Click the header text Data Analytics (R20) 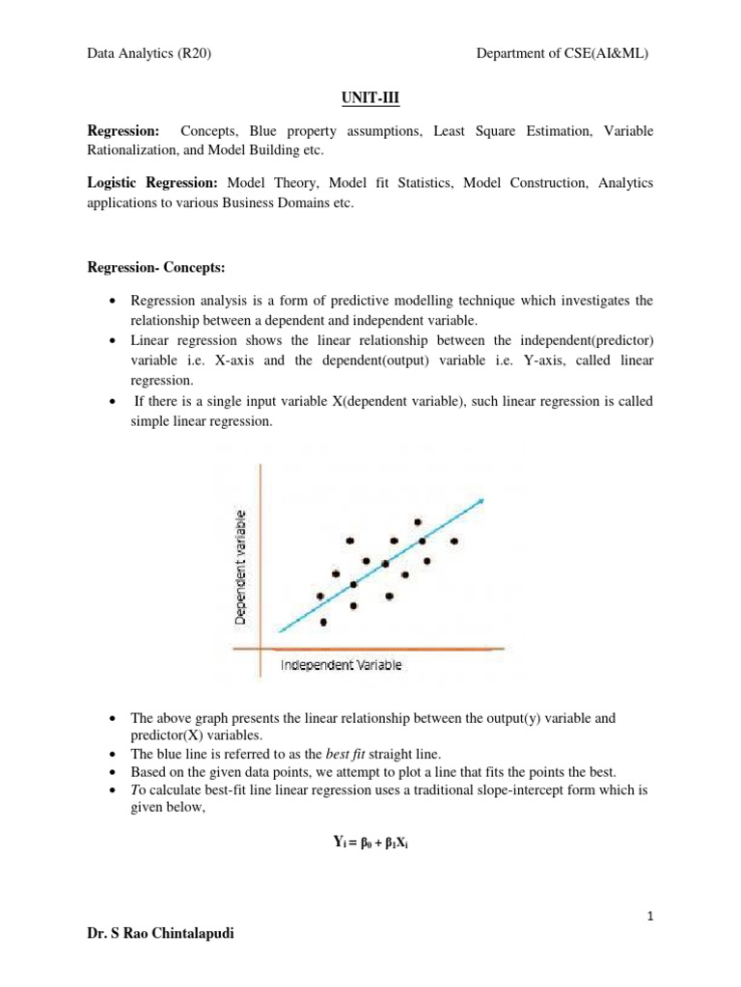[x=149, y=54]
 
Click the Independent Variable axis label [x=341, y=665]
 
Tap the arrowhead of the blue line [x=480, y=500]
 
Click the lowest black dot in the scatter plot [x=323, y=622]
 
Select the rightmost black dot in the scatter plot [x=453, y=541]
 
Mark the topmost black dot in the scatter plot [x=418, y=522]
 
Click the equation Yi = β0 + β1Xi [x=370, y=842]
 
